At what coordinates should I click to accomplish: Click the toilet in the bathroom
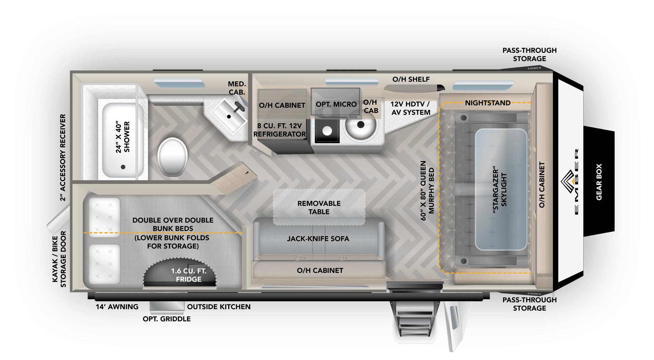[172, 157]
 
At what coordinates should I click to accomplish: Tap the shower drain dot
[123, 167]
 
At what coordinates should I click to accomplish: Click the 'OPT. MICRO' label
[336, 104]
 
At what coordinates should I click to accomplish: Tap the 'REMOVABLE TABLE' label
[319, 208]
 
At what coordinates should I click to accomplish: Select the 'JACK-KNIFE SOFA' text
[318, 239]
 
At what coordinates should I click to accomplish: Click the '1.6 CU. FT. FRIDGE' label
[188, 275]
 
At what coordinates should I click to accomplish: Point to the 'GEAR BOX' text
[599, 182]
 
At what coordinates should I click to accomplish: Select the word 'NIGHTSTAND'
[487, 103]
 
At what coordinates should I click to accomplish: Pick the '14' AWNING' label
[117, 307]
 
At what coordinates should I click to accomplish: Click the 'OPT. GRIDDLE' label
[167, 319]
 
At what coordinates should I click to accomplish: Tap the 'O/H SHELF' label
[411, 79]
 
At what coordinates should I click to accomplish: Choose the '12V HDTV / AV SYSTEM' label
[411, 108]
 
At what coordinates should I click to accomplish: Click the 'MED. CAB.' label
[237, 88]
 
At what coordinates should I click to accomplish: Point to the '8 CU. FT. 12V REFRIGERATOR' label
[280, 130]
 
